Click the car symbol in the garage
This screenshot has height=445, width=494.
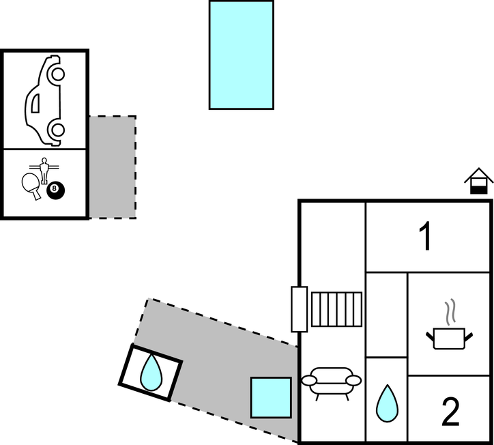pos(44,101)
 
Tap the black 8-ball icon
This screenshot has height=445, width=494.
pos(56,190)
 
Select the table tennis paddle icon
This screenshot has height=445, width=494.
pos(31,186)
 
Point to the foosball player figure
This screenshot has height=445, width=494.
pos(44,170)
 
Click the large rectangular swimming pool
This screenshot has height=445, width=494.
pos(242,55)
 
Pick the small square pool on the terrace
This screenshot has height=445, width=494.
pos(271,397)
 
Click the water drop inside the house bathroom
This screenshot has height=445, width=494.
pos(387,403)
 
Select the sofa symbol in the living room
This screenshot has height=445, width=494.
pos(332,383)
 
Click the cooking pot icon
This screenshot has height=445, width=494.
pos(449,338)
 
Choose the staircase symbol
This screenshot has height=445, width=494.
pos(337,309)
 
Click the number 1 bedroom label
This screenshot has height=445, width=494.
pos(425,235)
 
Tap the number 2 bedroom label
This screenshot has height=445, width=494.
pos(450,412)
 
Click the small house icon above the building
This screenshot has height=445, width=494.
pos(478,181)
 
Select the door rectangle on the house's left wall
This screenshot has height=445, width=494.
pos(300,309)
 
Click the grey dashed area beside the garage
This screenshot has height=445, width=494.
pos(113,167)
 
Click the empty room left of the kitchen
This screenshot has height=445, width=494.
pos(387,315)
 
